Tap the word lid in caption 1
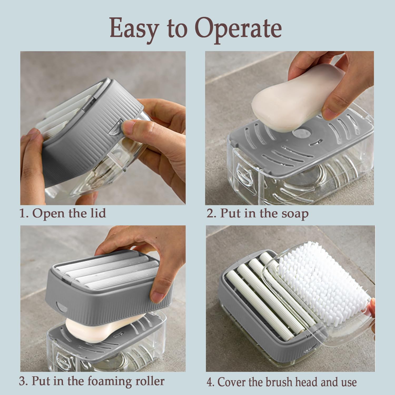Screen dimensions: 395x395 pyautogui.click(x=97, y=213)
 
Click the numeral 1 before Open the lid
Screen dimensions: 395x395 pyautogui.click(x=23, y=213)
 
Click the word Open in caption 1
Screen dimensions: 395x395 pyautogui.click(x=48, y=213)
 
